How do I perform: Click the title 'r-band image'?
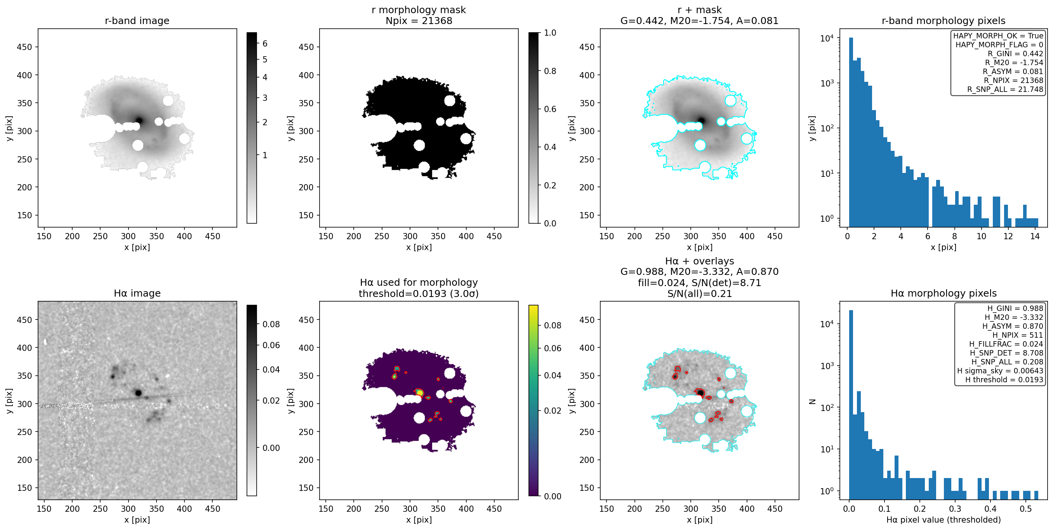137,21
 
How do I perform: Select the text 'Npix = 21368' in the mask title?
419,21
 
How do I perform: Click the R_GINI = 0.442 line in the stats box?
1015,54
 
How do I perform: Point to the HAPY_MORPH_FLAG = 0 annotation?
999,45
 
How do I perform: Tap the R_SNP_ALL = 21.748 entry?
1005,89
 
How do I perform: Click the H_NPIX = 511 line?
1018,335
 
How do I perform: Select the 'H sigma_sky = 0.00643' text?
1000,371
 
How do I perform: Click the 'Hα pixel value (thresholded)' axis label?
944,520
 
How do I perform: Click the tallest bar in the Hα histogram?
851,404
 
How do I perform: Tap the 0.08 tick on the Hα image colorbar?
271,324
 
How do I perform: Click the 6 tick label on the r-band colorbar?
265,43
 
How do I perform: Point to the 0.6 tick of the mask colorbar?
550,109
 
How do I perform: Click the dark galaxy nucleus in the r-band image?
139,121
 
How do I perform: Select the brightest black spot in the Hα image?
138,393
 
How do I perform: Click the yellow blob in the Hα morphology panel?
419,393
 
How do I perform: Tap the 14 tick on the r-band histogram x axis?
1035,236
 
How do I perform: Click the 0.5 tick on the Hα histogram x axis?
1025,509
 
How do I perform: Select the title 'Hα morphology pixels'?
944,293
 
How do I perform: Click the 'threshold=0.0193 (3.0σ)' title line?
419,293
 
